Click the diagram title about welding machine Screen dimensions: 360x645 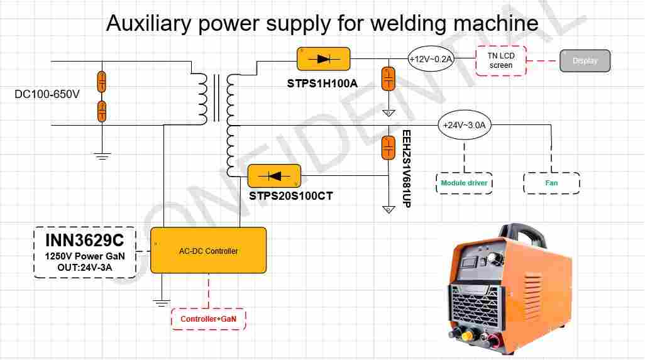click(322, 23)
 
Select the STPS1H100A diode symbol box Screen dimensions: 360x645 click(323, 59)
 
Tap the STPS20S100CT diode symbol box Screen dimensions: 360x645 click(275, 176)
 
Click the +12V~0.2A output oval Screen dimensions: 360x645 click(431, 59)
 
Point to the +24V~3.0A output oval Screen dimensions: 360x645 click(464, 125)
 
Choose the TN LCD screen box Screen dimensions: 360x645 click(501, 60)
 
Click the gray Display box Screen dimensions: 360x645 click(585, 61)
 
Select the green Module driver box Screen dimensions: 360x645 click(464, 183)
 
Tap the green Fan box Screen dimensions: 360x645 click(551, 183)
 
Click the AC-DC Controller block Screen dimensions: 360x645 click(208, 251)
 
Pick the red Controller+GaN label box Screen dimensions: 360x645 click(208, 319)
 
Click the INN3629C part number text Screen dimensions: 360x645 click(84, 241)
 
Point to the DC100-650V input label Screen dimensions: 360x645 click(47, 94)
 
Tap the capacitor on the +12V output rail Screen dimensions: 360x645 click(389, 79)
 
